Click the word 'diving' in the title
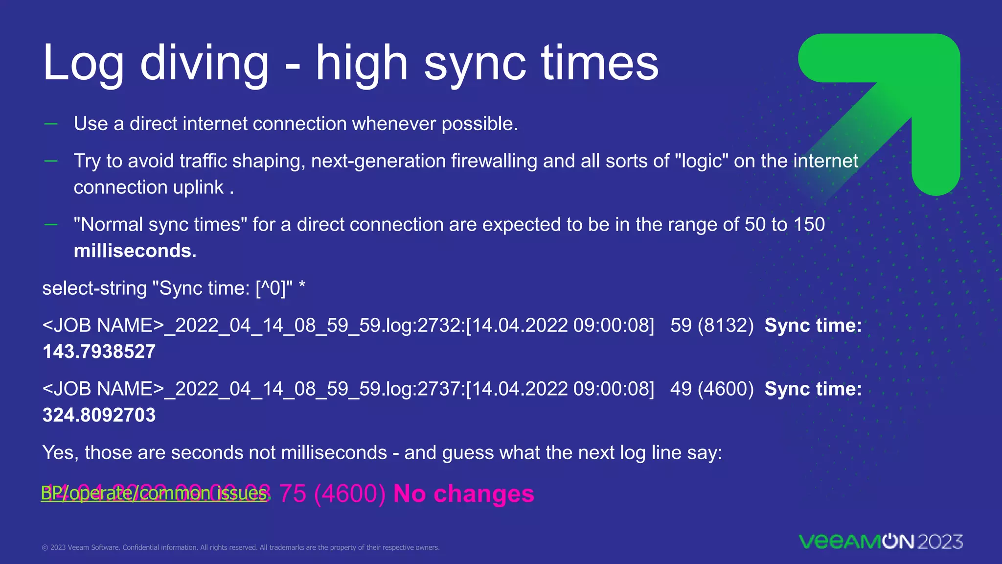(205, 64)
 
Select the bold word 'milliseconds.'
(135, 251)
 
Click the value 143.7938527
(99, 352)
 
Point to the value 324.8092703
(99, 416)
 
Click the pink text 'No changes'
(463, 493)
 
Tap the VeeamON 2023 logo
(880, 541)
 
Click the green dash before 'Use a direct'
(51, 124)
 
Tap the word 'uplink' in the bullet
(202, 188)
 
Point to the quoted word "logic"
(702, 161)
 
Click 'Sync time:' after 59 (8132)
(813, 326)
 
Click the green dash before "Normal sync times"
(51, 225)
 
